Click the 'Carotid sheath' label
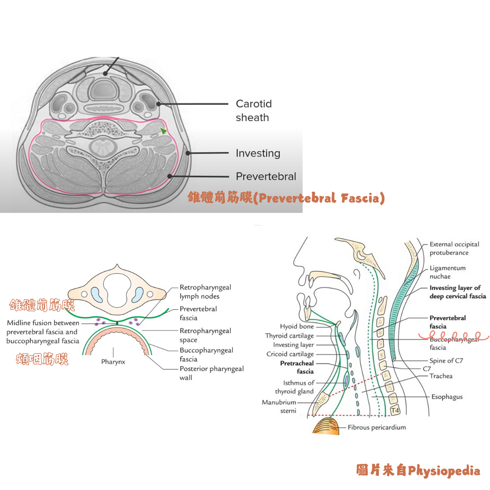tap(253, 111)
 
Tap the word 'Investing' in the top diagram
tap(258, 153)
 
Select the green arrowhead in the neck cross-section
tap(163, 131)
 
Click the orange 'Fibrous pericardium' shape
tap(326, 426)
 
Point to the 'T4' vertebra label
tap(395, 411)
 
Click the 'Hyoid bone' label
tap(297, 326)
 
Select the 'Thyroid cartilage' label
tap(289, 336)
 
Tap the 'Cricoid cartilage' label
tap(290, 354)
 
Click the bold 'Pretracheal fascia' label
tap(297, 367)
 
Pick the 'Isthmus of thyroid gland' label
tap(294, 387)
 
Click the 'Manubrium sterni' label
tap(279, 407)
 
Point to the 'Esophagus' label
tap(446, 397)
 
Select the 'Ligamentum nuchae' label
tap(447, 272)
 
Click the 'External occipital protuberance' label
tap(454, 248)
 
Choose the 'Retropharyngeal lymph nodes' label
tap(205, 292)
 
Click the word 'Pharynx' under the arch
tap(113, 362)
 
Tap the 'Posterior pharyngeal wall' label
tap(211, 373)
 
